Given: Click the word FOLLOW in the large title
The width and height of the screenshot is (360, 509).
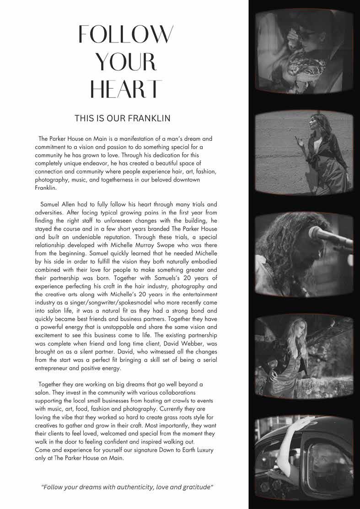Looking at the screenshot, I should pyautogui.click(x=127, y=34).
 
